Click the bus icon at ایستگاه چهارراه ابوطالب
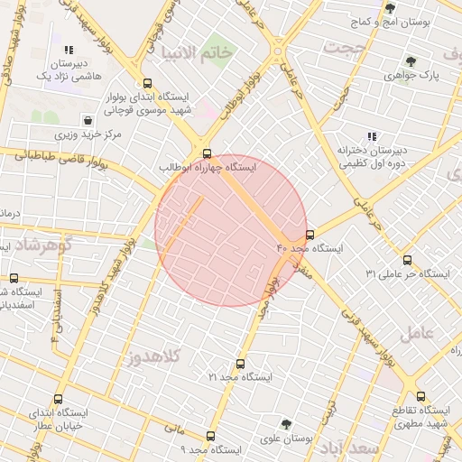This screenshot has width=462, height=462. (x=208, y=152)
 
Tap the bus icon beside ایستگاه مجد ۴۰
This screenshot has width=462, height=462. (x=310, y=234)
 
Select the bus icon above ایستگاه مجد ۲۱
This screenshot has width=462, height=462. (x=239, y=363)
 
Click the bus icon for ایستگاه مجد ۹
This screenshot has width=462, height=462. (x=210, y=436)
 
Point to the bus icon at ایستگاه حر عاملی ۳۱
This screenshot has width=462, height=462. (x=407, y=260)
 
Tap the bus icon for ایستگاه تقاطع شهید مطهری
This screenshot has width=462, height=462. (x=420, y=395)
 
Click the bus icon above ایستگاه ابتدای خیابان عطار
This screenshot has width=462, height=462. (x=59, y=399)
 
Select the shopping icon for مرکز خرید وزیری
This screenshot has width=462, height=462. (x=88, y=120)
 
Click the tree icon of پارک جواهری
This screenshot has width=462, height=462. (x=411, y=62)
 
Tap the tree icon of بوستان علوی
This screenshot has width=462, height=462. (x=286, y=423)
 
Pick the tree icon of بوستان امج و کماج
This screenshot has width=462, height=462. (x=390, y=8)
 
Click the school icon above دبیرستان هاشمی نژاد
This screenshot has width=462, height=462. (x=69, y=51)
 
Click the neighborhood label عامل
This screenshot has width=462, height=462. (x=416, y=332)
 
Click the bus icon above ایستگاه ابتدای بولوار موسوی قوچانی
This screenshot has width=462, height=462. (x=148, y=83)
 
